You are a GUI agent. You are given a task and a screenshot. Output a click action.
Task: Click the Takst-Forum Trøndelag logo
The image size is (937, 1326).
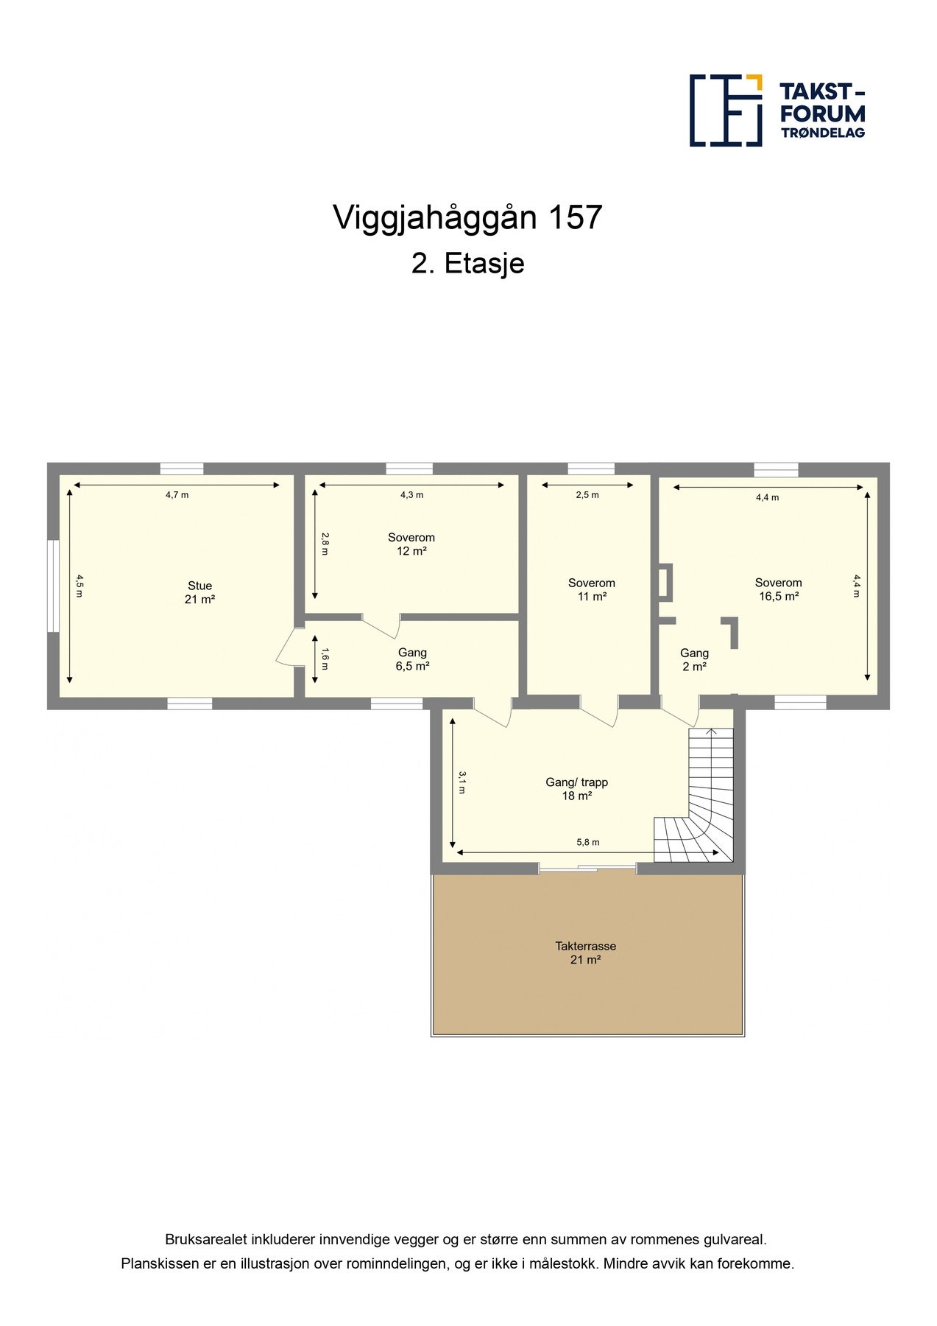point(777,110)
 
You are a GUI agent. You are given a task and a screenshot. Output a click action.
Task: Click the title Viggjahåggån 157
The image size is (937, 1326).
point(467,217)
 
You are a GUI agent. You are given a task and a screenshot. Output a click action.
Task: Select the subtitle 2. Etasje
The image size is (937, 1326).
point(467,264)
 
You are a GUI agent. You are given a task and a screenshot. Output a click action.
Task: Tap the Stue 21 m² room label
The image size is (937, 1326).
point(199,592)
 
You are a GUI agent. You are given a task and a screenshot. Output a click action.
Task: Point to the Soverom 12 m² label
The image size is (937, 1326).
point(411,544)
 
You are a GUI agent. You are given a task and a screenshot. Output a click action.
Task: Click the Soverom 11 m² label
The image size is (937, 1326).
point(591,589)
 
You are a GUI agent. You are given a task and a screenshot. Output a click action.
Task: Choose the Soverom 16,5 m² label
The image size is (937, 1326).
point(778,589)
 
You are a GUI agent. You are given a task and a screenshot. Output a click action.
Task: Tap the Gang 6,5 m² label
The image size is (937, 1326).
point(412,659)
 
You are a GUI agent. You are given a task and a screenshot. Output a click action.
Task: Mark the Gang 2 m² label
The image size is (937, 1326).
point(694,659)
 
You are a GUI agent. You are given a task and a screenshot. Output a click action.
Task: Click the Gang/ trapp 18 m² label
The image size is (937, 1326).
point(576,789)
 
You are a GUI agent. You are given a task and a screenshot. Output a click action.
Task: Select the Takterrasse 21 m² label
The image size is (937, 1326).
point(585,953)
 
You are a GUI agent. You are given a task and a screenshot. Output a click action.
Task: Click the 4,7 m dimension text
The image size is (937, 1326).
point(177,495)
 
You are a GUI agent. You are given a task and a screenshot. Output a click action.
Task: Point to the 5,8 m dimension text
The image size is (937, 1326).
point(587,842)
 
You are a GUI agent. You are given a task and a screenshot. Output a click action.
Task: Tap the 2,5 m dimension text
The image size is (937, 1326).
point(587,495)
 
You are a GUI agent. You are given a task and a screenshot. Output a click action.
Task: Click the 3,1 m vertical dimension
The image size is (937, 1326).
point(462,782)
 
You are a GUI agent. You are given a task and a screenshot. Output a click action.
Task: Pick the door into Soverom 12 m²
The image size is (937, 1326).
point(382,626)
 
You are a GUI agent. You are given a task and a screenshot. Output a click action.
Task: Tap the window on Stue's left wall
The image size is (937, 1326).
point(53,586)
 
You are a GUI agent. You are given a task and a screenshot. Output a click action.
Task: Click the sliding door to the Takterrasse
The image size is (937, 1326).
point(587,868)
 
